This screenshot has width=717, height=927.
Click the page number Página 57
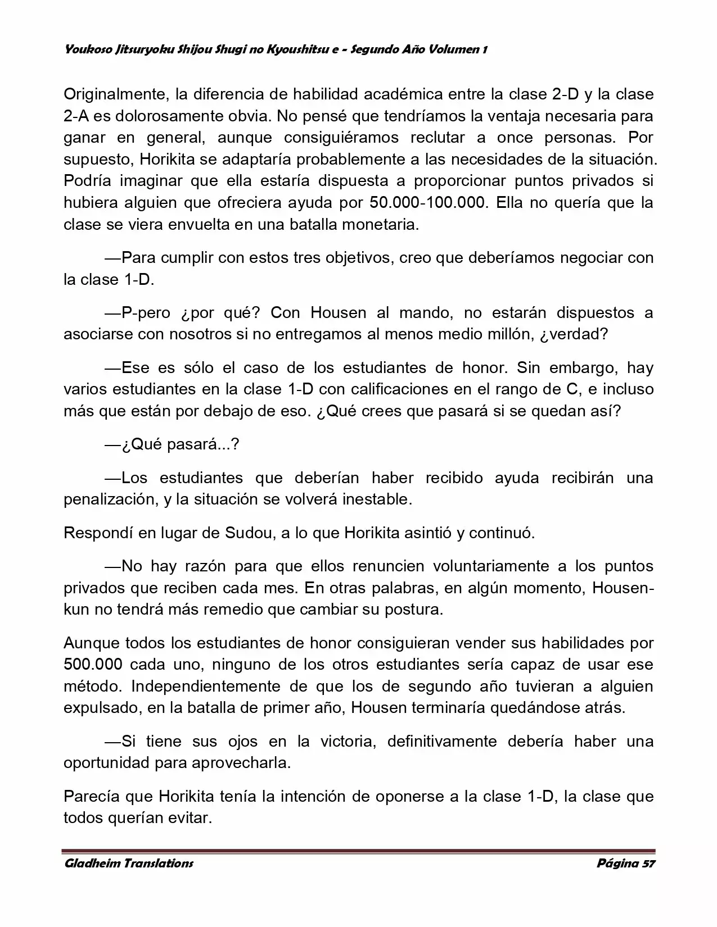pos(626,864)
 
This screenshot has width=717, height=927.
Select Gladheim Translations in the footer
pos(129,864)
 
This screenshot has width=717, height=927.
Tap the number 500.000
pos(93,665)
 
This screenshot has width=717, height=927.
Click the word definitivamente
pos(442,741)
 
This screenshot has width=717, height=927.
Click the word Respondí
pos(98,533)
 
